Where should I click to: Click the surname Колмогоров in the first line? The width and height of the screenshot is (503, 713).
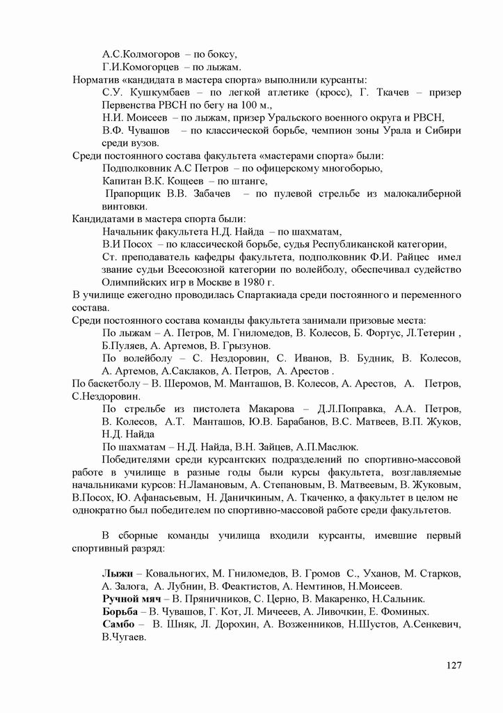pyautogui.click(x=149, y=54)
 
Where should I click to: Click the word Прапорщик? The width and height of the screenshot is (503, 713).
pyautogui.click(x=133, y=193)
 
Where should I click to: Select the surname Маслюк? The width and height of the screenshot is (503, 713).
pyautogui.click(x=336, y=447)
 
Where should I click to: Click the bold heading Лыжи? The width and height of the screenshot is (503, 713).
pyautogui.click(x=116, y=573)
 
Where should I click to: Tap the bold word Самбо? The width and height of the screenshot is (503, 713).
pyautogui.click(x=118, y=623)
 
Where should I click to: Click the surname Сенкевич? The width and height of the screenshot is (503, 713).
pyautogui.click(x=433, y=623)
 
